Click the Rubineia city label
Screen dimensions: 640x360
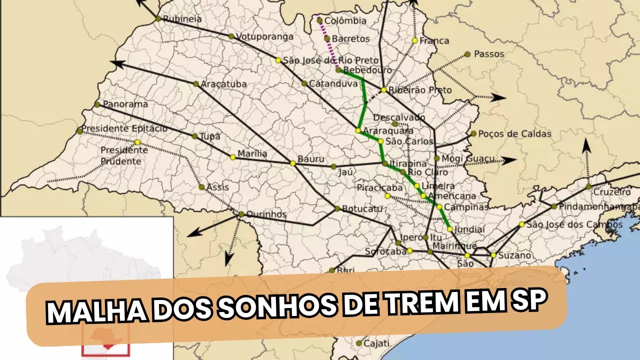point(183,19)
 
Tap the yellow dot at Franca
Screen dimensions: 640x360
point(415,40)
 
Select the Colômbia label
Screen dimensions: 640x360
point(345,21)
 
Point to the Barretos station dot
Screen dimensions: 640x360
point(327,38)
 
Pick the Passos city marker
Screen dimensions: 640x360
point(467,54)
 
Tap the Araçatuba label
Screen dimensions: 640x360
point(223,84)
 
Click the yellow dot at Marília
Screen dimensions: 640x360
point(232,157)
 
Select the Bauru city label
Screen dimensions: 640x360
point(311,159)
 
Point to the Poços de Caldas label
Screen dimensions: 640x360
point(515,134)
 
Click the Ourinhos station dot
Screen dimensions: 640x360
point(241,214)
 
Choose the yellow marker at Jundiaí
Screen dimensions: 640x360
point(450,229)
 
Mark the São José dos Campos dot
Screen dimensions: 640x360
point(522,224)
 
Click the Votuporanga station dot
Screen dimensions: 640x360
point(231,36)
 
